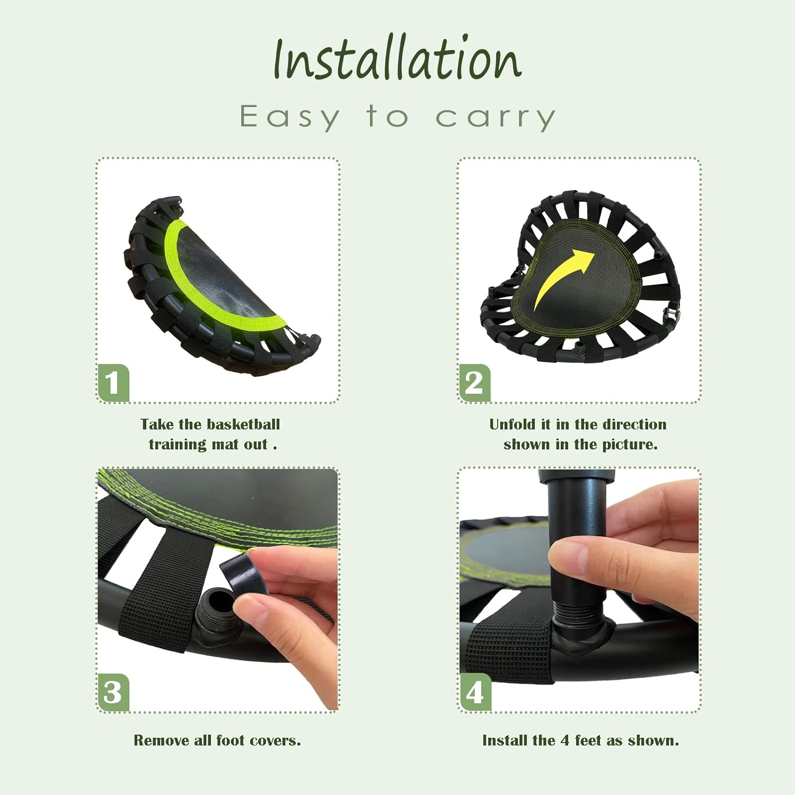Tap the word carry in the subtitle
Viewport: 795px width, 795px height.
pyautogui.click(x=496, y=118)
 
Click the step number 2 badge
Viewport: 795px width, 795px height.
pyautogui.click(x=474, y=383)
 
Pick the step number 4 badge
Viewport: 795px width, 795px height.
pyautogui.click(x=475, y=692)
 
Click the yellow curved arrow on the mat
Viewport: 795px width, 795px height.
pyautogui.click(x=562, y=278)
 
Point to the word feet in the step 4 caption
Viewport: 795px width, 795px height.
pyautogui.click(x=587, y=740)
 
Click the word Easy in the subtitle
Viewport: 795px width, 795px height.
pyautogui.click(x=289, y=117)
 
